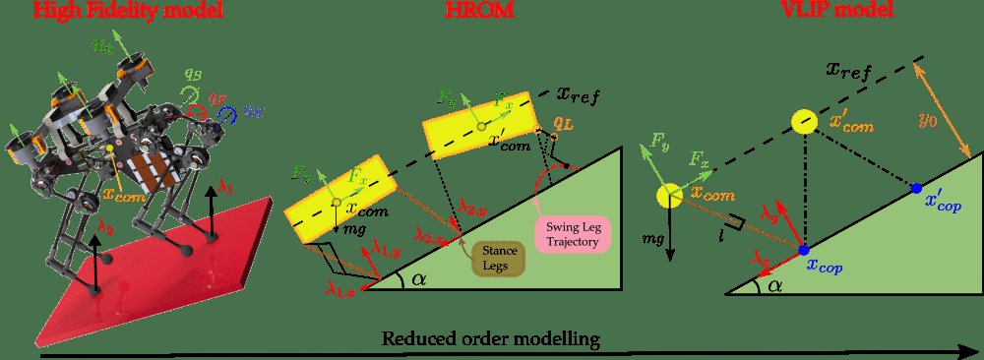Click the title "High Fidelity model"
coord(129,11)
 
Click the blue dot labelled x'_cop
coord(916,188)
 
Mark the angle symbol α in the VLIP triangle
coord(774,285)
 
